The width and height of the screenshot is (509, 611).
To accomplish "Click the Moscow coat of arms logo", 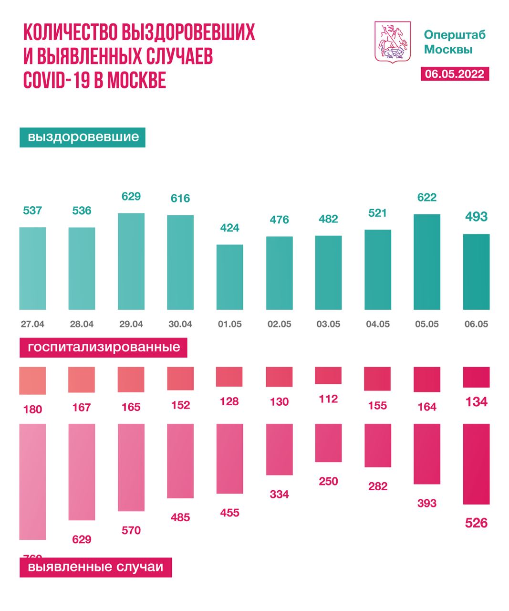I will pyautogui.click(x=393, y=42).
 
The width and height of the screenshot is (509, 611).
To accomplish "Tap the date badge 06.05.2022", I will pyautogui.click(x=455, y=74).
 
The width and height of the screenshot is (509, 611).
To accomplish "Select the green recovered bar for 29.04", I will pyautogui.click(x=131, y=261).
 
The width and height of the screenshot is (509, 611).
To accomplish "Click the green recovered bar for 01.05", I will pyautogui.click(x=230, y=277).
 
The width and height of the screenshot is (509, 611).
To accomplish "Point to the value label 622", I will pyautogui.click(x=426, y=198).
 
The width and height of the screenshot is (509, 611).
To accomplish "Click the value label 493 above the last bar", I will pyautogui.click(x=476, y=217).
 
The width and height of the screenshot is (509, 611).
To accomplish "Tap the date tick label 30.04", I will pyautogui.click(x=180, y=324).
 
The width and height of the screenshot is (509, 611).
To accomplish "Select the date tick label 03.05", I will pyautogui.click(x=328, y=324).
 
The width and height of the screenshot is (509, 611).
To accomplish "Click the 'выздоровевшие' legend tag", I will pyautogui.click(x=83, y=137).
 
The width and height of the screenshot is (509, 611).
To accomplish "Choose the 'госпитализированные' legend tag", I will pyautogui.click(x=104, y=348).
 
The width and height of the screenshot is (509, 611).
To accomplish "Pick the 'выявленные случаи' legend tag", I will pyautogui.click(x=95, y=568).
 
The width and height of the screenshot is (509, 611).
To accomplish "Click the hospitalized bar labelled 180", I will pyautogui.click(x=32, y=380).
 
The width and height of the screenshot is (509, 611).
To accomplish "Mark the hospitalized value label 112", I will pyautogui.click(x=328, y=399).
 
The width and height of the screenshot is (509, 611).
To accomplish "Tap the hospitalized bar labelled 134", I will pyautogui.click(x=476, y=377).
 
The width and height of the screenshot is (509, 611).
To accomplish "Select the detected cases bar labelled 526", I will pyautogui.click(x=476, y=464).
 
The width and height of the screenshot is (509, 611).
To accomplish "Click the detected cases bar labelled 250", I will pyautogui.click(x=328, y=442).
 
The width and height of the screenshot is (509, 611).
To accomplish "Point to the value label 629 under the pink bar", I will pyautogui.click(x=82, y=540).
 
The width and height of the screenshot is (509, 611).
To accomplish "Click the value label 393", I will pyautogui.click(x=426, y=504).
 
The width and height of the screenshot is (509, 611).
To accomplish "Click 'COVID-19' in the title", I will pyautogui.click(x=56, y=80).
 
